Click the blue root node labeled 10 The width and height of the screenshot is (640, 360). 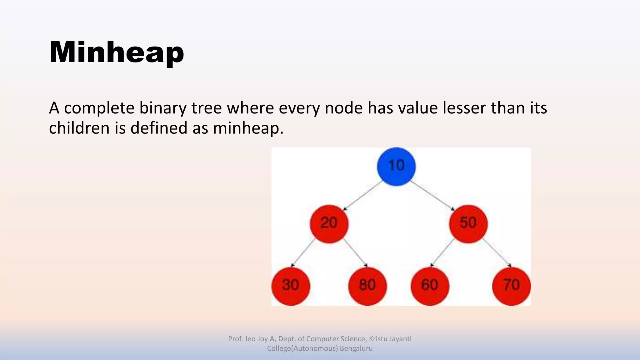pos(396,166)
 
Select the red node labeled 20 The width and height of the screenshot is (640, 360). pos(329,224)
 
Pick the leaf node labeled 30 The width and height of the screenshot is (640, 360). pos(291,286)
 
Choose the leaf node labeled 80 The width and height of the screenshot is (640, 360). pos(367,286)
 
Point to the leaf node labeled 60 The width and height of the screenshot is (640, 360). pos(430,286)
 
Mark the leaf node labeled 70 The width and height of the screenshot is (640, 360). pos(511,286)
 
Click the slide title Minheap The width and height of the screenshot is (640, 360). pos(116,52)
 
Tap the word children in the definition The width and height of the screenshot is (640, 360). pos(79,128)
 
